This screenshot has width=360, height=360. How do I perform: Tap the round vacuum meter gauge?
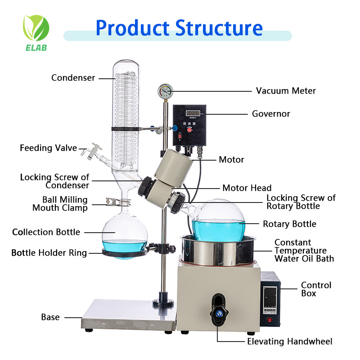click(x=164, y=91)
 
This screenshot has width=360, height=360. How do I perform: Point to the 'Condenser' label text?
click(x=73, y=78)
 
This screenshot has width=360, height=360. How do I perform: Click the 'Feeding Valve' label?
click(x=48, y=148)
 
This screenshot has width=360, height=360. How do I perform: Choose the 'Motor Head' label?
click(x=247, y=188)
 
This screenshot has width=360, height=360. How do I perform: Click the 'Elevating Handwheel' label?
click(x=290, y=342)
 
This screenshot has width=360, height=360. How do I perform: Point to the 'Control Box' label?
click(x=316, y=289)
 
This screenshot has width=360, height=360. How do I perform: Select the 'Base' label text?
click(x=50, y=317)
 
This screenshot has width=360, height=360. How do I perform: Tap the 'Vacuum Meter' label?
click(x=286, y=91)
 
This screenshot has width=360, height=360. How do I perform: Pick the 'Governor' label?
click(x=271, y=114)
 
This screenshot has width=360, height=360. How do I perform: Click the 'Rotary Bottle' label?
click(x=289, y=224)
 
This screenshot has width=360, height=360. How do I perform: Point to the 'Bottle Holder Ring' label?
click(x=49, y=253)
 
